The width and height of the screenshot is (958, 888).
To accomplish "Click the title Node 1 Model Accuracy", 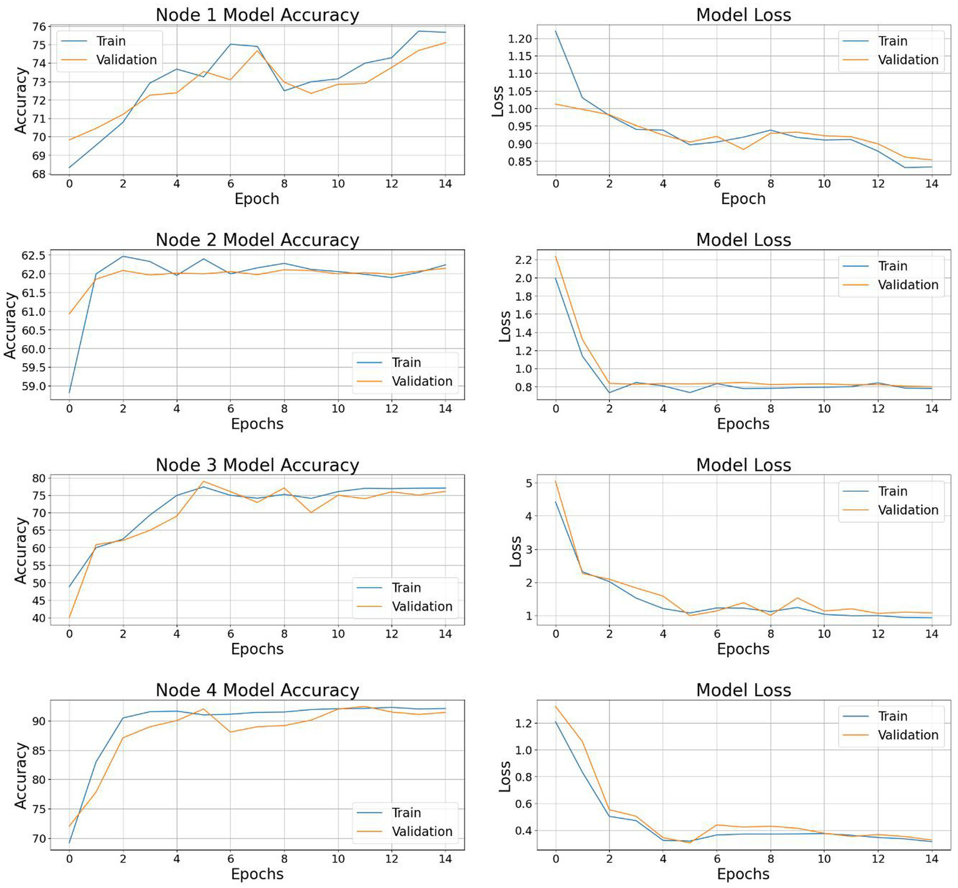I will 257,15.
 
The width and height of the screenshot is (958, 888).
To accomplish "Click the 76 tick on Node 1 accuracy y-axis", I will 39,26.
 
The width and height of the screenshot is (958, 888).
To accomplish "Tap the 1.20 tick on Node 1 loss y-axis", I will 519,39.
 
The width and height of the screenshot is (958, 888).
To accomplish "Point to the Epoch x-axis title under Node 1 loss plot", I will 743,199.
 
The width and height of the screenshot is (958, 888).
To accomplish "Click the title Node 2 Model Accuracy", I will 257,240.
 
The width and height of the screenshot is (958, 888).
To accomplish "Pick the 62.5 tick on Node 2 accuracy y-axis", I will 33,255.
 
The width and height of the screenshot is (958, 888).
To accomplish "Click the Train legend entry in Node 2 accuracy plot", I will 406,363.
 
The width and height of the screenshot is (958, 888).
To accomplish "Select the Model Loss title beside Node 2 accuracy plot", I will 743,240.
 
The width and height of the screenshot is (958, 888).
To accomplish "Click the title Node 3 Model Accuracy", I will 257,466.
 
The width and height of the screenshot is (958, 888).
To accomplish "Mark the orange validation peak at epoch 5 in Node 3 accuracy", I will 203,481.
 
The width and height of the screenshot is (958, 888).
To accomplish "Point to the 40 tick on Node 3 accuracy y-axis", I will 39,618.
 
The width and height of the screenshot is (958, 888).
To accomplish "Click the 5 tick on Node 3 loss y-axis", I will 529,483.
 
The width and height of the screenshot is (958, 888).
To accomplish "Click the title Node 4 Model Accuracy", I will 257,690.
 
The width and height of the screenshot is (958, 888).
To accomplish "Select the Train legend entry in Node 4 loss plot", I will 892,716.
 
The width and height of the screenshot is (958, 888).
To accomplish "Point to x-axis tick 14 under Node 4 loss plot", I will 931,859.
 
